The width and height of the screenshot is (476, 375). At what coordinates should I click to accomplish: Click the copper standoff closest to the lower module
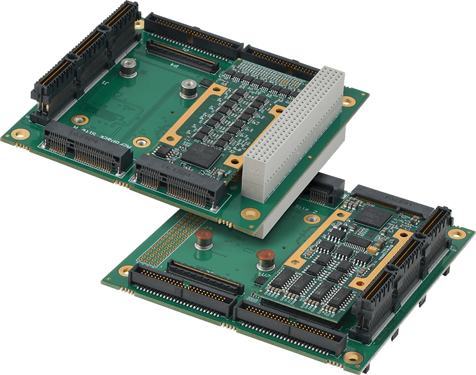[x=264, y=260]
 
